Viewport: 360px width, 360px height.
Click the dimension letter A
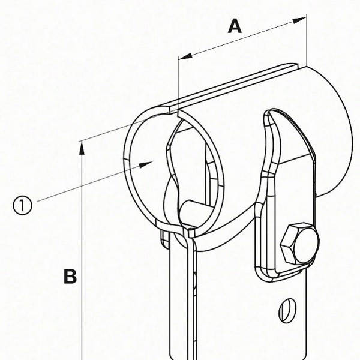pyautogui.click(x=236, y=26)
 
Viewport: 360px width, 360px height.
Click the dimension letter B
pyautogui.click(x=70, y=277)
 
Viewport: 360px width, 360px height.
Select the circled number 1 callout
pyautogui.click(x=22, y=206)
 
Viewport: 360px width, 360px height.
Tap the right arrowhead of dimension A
pyautogui.click(x=301, y=20)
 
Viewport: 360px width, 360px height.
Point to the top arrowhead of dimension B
pyautogui.click(x=81, y=146)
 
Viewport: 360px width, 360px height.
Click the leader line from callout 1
pyautogui.click(x=90, y=182)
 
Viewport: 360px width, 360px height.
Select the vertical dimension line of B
pyautogui.click(x=81, y=252)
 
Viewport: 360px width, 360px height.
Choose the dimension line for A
pyautogui.click(x=240, y=38)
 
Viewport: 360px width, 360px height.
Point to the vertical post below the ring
pyautogui.click(x=180, y=300)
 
